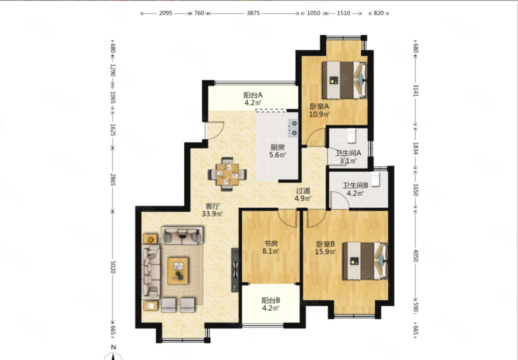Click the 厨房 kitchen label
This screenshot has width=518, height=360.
click(x=277, y=147)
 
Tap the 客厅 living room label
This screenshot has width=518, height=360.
click(x=213, y=206)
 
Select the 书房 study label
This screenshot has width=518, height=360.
click(x=271, y=243)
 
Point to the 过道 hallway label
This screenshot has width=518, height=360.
click(x=303, y=191)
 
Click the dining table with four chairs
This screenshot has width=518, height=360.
click(x=227, y=174)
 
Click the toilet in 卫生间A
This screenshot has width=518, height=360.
click(x=351, y=136)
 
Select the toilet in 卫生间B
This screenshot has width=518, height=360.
click(x=375, y=179)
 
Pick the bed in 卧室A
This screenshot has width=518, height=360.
click(x=345, y=80)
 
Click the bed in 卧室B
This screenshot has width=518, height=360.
click(x=365, y=261)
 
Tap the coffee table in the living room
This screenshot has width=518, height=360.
click(x=178, y=271)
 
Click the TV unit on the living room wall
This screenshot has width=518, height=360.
click(x=235, y=270)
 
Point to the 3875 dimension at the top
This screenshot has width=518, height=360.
click(x=253, y=13)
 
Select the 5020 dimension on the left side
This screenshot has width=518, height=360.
click(x=113, y=267)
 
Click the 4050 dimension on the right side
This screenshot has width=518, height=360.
click(x=416, y=256)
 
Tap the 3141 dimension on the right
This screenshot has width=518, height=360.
click(x=416, y=90)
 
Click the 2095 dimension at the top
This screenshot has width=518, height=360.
click(x=165, y=13)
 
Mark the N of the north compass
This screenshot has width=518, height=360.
click(x=113, y=347)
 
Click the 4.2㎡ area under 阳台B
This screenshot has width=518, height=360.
click(x=271, y=308)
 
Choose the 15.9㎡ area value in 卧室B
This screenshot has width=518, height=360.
click(x=325, y=251)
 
